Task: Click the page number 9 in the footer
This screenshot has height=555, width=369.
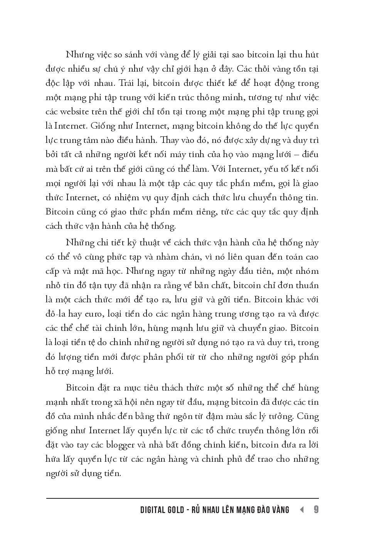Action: (316, 510)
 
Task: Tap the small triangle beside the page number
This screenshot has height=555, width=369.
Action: (302, 510)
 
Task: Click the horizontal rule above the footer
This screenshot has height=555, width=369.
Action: (182, 498)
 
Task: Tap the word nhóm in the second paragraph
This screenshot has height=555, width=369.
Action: (307, 271)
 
